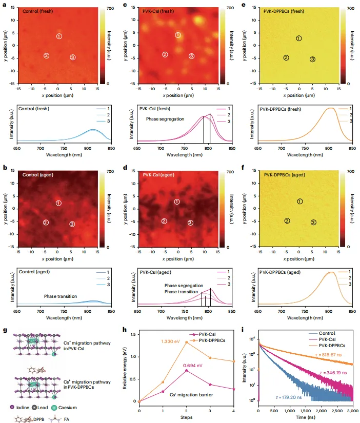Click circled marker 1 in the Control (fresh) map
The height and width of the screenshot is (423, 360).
tap(59, 36)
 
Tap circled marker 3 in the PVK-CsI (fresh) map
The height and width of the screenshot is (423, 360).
tap(191, 56)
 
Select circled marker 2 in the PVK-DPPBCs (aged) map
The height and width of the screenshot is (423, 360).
tap(287, 220)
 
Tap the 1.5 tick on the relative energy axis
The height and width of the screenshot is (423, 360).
tap(132, 334)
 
